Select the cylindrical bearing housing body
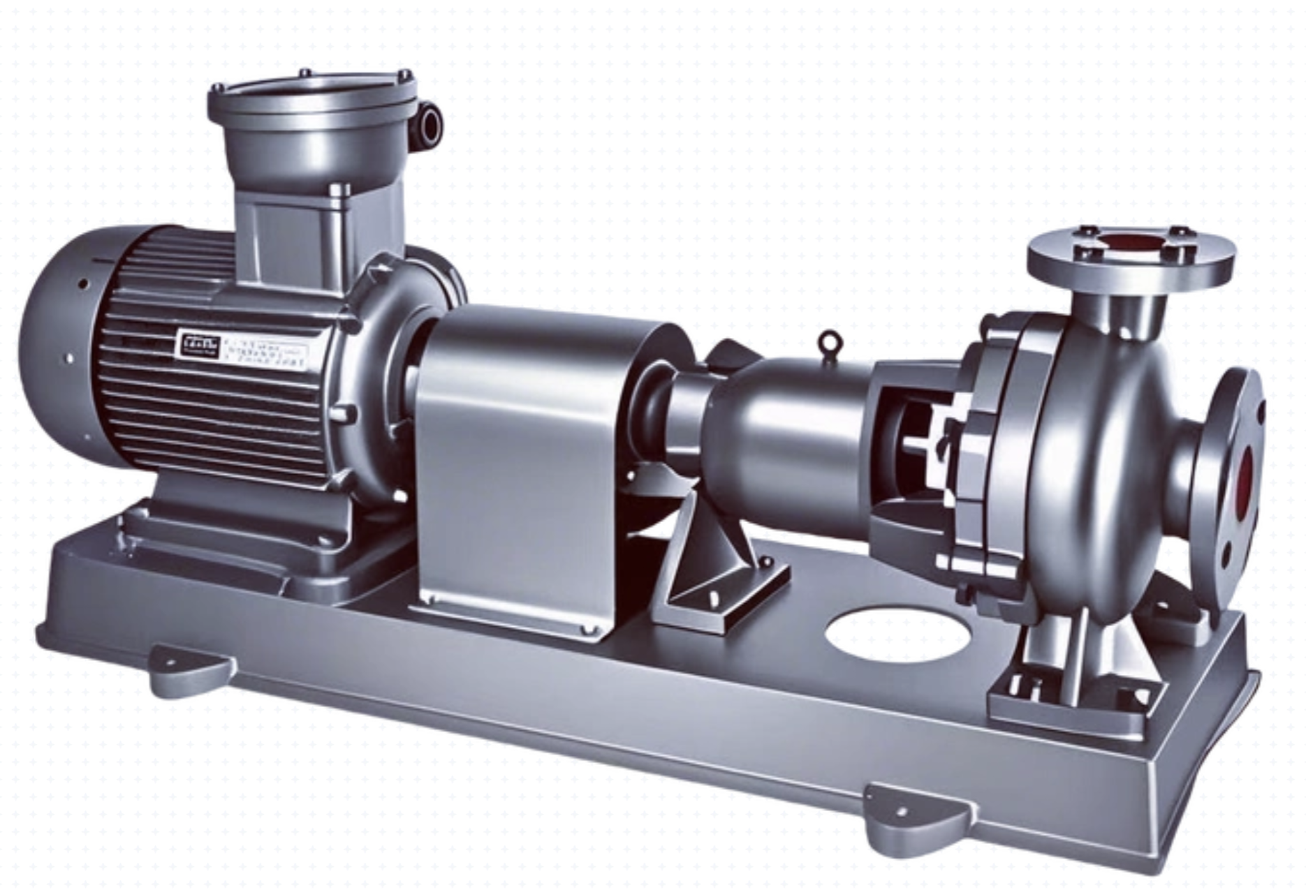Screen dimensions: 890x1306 (x=789, y=419)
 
